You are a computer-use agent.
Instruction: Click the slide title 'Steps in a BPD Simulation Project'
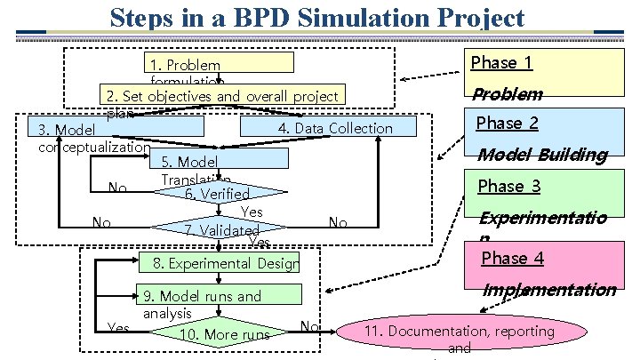317,17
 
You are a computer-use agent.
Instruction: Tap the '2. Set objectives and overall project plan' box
222,96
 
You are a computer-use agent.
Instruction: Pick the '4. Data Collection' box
335,128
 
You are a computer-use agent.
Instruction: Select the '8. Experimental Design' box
222,263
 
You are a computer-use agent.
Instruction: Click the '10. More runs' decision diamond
223,334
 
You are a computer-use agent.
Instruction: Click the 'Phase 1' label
500,62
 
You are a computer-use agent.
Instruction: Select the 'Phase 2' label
507,123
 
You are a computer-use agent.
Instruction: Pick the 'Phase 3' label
508,186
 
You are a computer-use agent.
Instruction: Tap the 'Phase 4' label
511,259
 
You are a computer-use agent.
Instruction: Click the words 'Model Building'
541,155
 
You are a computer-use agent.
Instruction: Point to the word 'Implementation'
548,290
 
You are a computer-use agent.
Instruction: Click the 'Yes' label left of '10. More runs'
117,328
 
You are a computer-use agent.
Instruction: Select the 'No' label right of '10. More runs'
309,326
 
